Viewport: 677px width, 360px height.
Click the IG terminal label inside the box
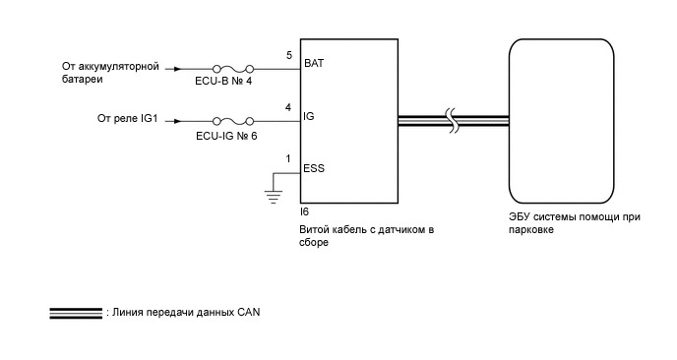pos(310,116)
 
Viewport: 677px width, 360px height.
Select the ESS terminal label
pos(315,168)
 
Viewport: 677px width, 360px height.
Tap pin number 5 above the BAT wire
pos(288,56)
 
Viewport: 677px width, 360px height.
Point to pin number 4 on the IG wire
pos(287,107)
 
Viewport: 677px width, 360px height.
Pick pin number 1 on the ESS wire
pos(287,158)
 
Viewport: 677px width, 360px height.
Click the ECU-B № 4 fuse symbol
pos(233,69)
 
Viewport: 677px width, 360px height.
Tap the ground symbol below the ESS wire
pos(272,194)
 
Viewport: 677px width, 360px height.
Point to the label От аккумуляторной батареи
pos(108,75)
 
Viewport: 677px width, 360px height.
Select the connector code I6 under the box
pos(304,210)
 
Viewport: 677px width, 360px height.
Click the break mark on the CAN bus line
pos(452,121)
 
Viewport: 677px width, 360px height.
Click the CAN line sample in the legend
pos(76,313)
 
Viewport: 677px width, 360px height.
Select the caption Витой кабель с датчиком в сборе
pos(366,235)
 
